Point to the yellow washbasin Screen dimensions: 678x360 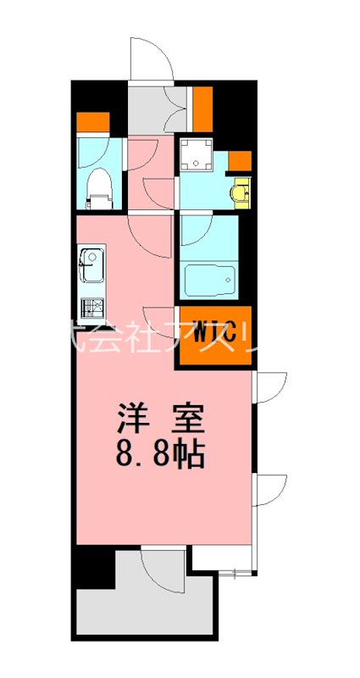242,193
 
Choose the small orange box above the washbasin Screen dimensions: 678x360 240,159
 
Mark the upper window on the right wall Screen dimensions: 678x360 269,386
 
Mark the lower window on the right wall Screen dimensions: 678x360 269,491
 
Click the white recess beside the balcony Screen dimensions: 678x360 222,558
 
